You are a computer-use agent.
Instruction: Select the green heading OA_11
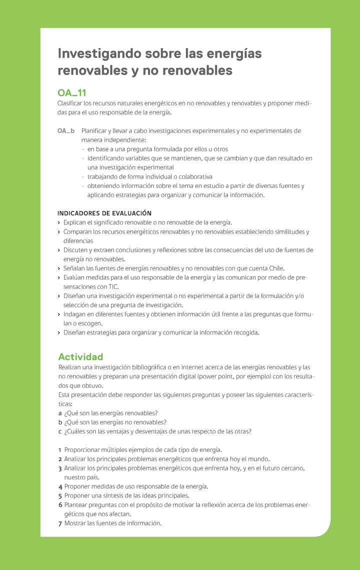pyautogui.click(x=72, y=93)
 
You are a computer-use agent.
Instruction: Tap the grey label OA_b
pyautogui.click(x=66, y=131)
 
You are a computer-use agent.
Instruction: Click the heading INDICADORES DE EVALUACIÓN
pyautogui.click(x=104, y=213)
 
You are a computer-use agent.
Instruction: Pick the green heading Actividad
pyautogui.click(x=80, y=357)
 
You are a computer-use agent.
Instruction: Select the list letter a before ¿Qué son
pyautogui.click(x=60, y=413)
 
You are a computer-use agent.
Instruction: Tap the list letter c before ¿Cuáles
pyautogui.click(x=60, y=431)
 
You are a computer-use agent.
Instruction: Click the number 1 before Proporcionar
pyautogui.click(x=60, y=450)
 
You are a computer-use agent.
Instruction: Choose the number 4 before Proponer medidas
pyautogui.click(x=60, y=486)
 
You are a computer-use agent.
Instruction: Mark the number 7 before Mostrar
pyautogui.click(x=60, y=523)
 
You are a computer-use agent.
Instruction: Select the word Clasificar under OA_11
pyautogui.click(x=70, y=103)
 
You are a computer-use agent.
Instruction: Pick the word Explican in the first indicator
pyautogui.click(x=75, y=222)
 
